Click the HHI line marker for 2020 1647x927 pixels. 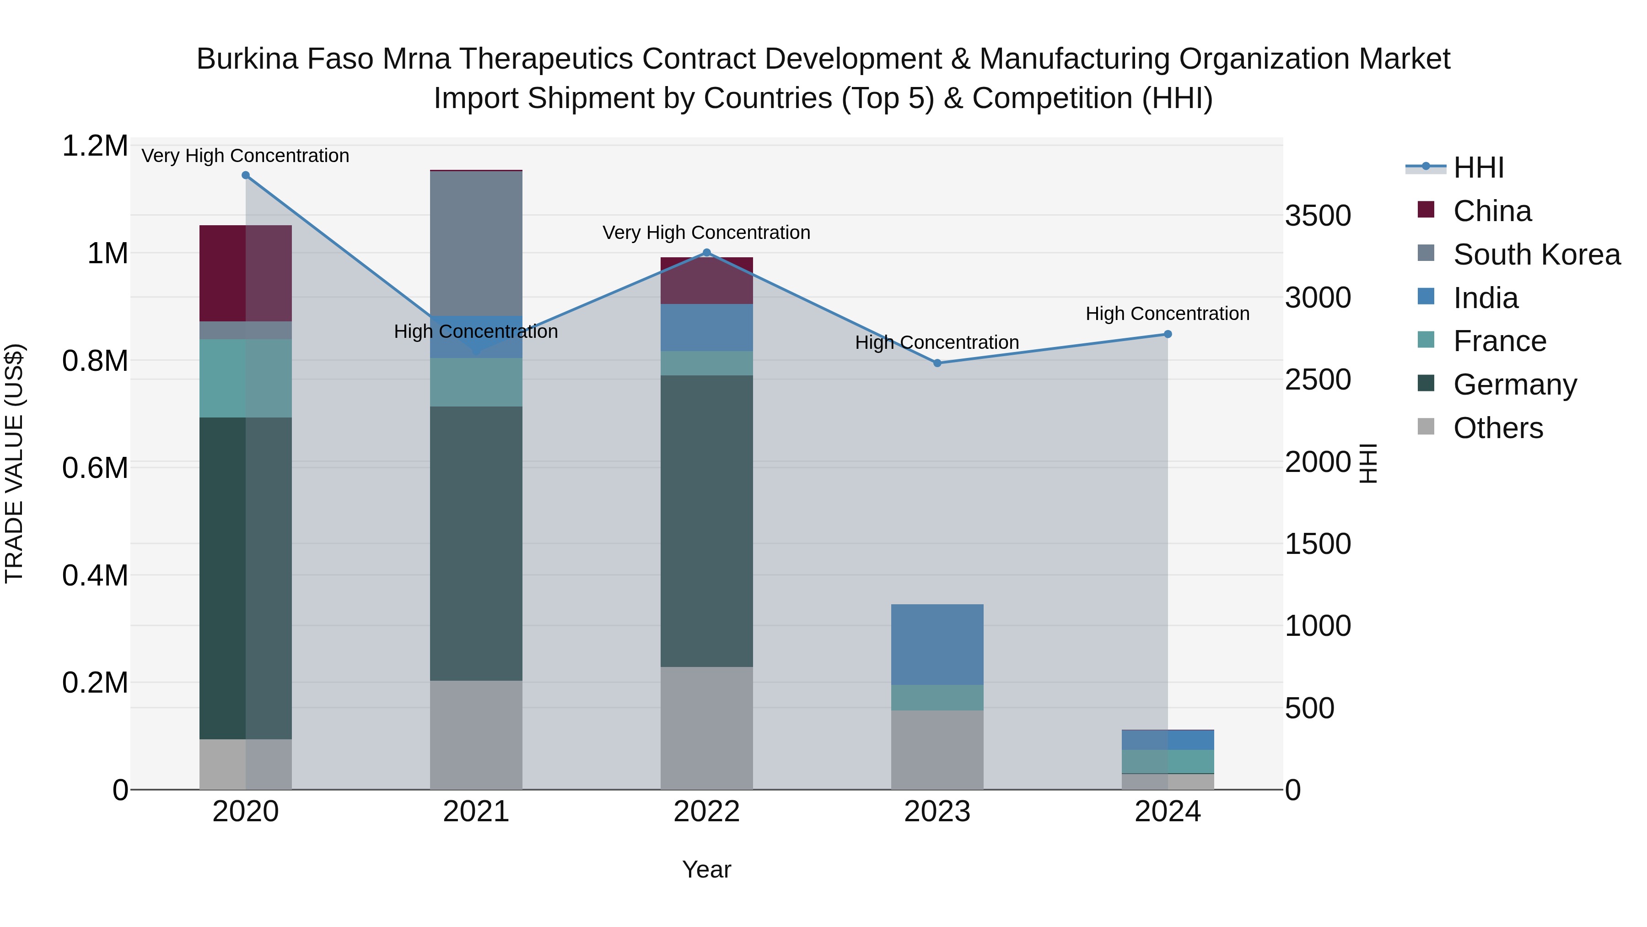(246, 175)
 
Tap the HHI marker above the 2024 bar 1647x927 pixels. (1168, 334)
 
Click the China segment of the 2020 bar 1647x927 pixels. (246, 273)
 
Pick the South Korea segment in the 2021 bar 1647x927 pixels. (476, 243)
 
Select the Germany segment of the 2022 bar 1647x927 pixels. (706, 521)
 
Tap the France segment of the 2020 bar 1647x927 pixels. (246, 378)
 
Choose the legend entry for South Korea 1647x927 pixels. (1536, 255)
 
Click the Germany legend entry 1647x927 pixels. (1515, 385)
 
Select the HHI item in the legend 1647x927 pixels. (1478, 168)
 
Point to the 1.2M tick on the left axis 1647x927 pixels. (95, 146)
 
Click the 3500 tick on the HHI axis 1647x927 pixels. (1318, 216)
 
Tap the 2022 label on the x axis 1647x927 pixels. (706, 812)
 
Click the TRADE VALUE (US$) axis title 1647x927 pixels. (14, 463)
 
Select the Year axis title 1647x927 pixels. (706, 869)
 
